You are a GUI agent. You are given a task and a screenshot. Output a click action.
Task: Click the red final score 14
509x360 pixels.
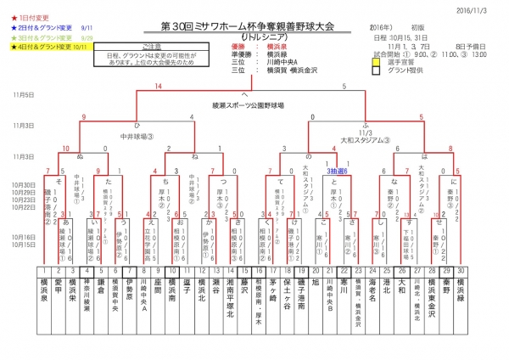[x=158, y=86]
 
